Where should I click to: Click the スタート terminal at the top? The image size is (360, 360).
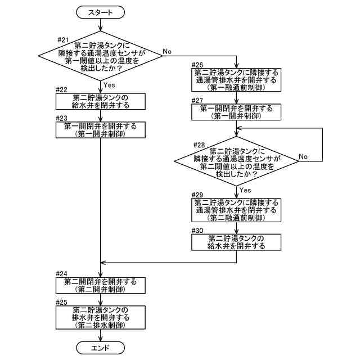(x=100, y=12)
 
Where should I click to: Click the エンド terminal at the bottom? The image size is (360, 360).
(x=100, y=348)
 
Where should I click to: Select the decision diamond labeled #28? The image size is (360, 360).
(x=236, y=163)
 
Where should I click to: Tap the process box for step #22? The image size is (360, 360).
(x=100, y=101)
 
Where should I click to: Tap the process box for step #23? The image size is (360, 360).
(x=100, y=130)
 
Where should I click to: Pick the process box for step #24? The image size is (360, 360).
(x=100, y=285)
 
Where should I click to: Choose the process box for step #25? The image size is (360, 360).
(x=100, y=318)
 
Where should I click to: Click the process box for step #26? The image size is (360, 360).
(x=236, y=80)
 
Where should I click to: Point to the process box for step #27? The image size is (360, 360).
(x=236, y=111)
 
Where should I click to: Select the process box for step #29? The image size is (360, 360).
(x=236, y=210)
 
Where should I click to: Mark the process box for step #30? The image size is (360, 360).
(x=236, y=242)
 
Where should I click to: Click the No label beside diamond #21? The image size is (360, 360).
(x=167, y=51)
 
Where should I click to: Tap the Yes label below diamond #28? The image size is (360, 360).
(x=246, y=190)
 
